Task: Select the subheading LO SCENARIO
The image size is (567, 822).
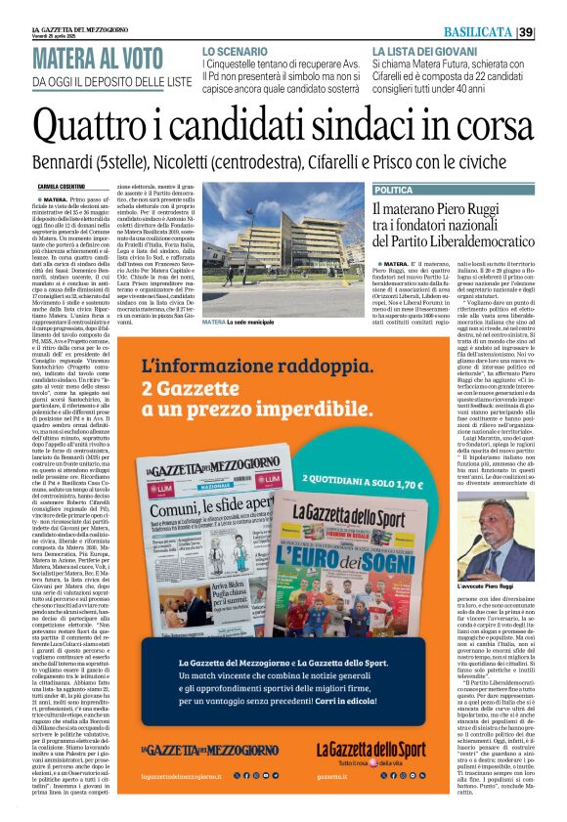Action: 235,50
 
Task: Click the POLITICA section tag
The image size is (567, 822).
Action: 394,190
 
